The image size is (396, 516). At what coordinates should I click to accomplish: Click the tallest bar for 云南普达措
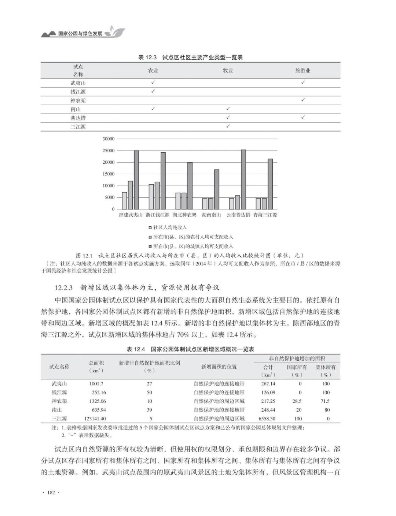[243, 179]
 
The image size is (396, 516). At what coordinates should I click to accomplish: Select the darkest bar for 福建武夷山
[136, 179]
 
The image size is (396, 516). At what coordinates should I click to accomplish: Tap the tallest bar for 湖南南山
[216, 189]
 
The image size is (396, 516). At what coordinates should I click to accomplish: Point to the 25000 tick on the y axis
[109, 151]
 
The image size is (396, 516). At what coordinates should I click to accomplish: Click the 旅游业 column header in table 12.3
[303, 70]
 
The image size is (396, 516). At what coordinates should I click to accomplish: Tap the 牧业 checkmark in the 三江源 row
[228, 126]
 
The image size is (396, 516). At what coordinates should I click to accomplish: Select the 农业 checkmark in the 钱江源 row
[153, 91]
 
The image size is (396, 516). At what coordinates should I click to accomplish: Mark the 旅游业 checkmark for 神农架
[303, 100]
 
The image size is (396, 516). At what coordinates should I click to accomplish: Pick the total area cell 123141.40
[95, 419]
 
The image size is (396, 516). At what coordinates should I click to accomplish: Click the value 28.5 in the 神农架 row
[297, 401]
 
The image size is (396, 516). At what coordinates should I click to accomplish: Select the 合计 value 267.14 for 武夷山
[268, 384]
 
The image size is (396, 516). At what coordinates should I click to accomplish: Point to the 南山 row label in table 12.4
[56, 410]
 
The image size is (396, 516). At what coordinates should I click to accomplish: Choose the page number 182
[51, 493]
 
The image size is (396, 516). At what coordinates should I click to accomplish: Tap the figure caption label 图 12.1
[85, 255]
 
